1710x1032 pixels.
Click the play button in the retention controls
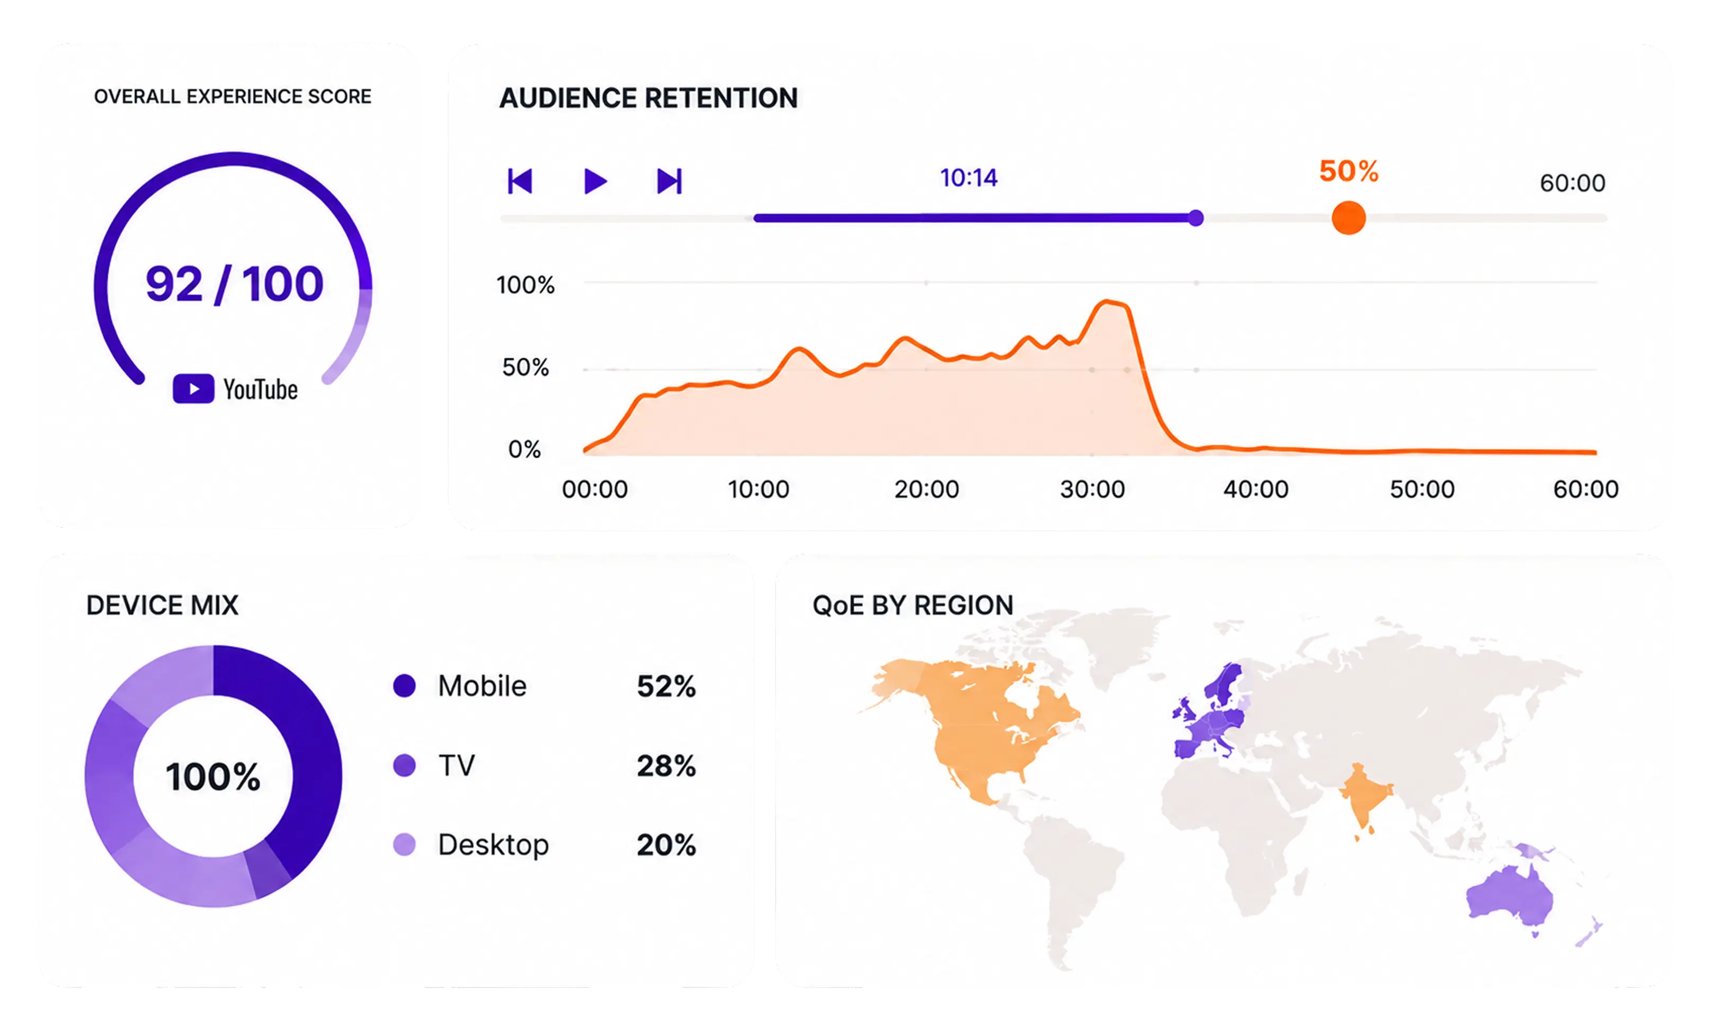[x=595, y=181]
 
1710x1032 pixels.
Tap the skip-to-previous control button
[x=520, y=181]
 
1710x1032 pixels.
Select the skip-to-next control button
[x=670, y=181]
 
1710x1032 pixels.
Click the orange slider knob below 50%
[x=1348, y=218]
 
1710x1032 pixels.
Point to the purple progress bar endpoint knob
[x=1196, y=218]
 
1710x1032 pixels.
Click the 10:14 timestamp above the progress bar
[x=968, y=177]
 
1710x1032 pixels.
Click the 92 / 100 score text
[x=235, y=284]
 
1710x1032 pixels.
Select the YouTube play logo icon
[x=193, y=389]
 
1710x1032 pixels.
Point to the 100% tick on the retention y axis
[x=526, y=284]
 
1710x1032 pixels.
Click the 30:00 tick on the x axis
[x=1092, y=490]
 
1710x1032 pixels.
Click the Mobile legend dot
[x=404, y=686]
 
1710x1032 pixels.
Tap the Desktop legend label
[x=493, y=844]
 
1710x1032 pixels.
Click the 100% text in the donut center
[x=213, y=776]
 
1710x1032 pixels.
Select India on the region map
[x=1364, y=798]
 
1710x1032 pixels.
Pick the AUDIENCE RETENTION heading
[x=648, y=98]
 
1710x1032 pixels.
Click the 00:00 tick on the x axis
[x=595, y=490]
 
